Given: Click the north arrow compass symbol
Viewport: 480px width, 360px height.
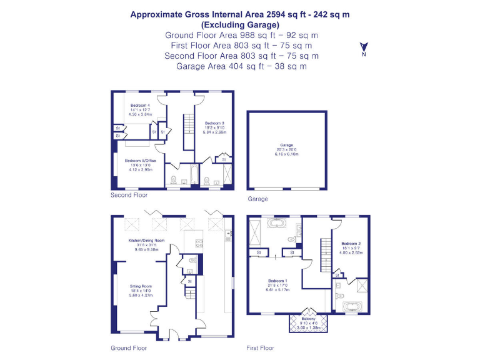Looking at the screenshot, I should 363,48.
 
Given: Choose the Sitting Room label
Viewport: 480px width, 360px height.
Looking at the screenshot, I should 140,286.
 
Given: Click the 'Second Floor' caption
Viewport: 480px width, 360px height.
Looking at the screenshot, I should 129,195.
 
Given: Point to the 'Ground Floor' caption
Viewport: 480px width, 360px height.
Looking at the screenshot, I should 129,348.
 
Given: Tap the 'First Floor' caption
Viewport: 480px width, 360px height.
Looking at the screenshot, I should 260,348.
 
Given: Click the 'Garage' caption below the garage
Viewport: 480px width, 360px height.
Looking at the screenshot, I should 257,199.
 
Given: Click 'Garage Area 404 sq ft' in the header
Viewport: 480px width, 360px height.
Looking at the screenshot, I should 240,66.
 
